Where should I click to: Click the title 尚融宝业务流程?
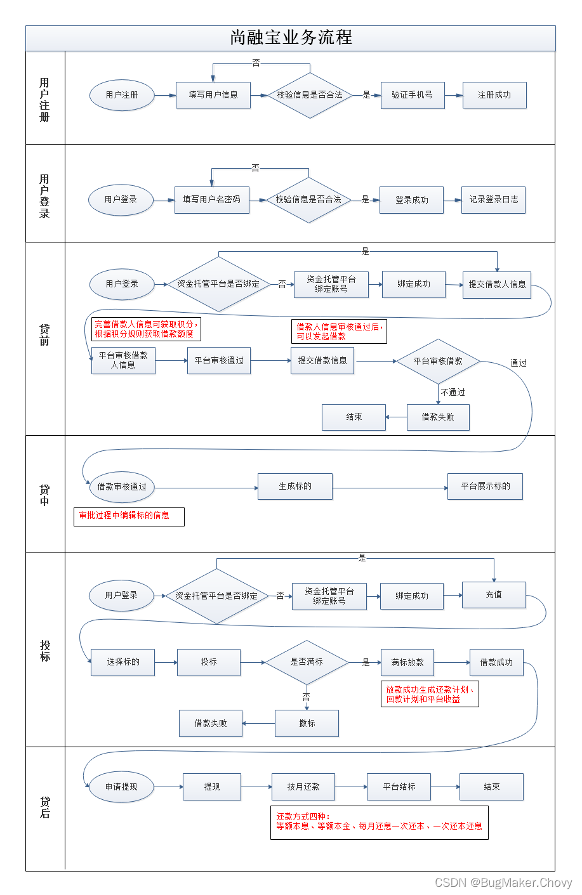coord(291,37)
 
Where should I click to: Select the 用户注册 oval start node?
coord(121,95)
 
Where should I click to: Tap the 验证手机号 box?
coord(412,95)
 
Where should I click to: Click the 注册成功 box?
coord(494,95)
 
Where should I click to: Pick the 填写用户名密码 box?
coord(211,199)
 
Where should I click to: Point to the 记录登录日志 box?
coord(493,199)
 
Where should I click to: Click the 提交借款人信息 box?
coord(496,284)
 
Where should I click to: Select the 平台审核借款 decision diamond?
coord(438,361)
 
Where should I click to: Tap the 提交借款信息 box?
coord(322,360)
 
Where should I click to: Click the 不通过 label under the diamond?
coord(453,392)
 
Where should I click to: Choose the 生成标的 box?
coord(295,486)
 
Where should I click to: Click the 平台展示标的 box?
coord(485,486)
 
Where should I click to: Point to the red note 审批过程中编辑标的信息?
coord(129,516)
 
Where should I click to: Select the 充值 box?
coord(494,595)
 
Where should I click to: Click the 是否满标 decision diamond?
coord(307,662)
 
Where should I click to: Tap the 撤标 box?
coord(307,723)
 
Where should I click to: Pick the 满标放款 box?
coord(407,662)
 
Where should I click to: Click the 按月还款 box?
coord(303,787)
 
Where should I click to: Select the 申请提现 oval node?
coord(121,787)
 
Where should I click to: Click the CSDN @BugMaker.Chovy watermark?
coord(503,882)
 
